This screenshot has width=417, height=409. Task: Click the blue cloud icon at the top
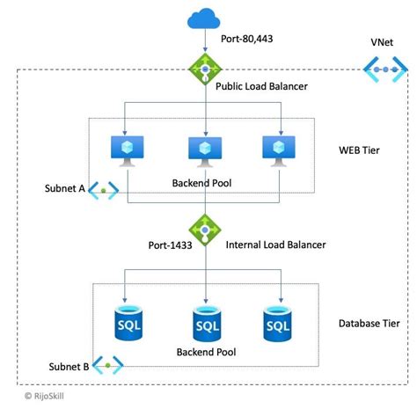pos(205,18)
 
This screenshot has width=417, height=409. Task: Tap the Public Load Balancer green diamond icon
pos(205,69)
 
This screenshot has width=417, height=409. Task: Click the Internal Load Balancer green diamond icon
pos(205,230)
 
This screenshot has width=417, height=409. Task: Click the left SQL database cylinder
pos(128,323)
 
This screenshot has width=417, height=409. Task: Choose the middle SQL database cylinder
pos(206,325)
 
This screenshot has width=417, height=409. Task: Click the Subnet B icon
pos(109,364)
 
